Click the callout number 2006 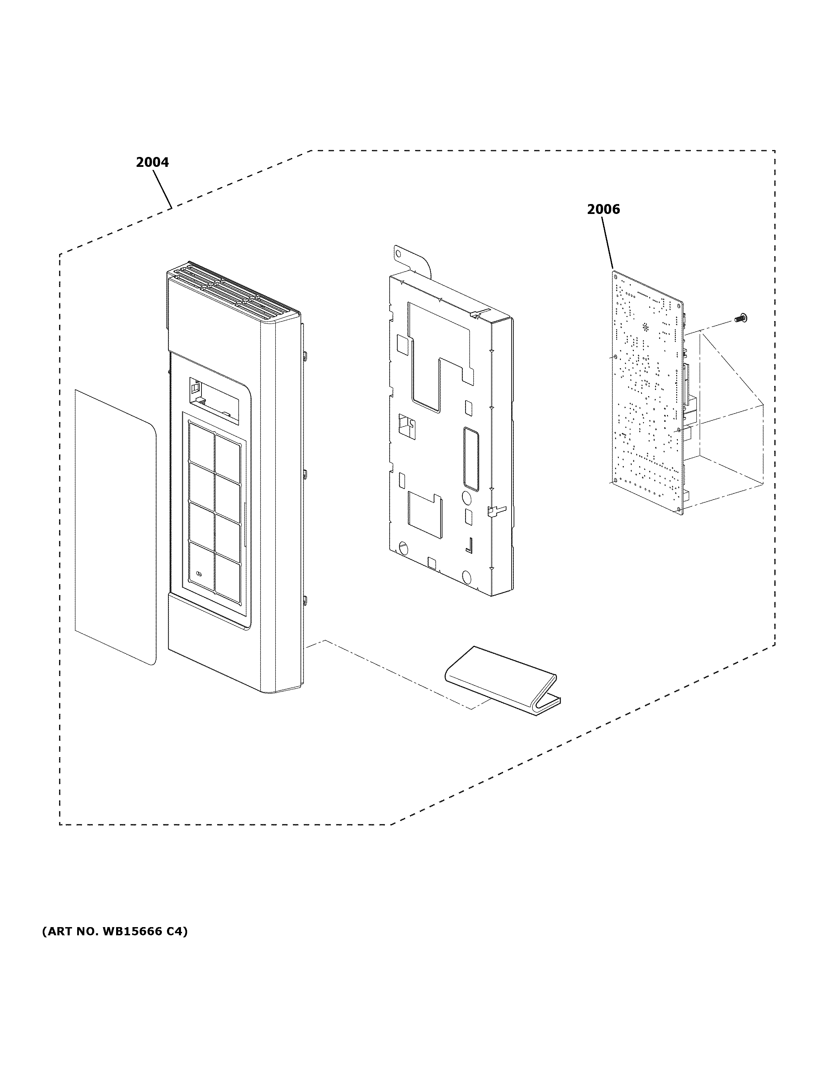(603, 210)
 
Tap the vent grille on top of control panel (233, 292)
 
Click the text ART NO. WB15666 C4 (114, 932)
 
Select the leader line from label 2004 (162, 190)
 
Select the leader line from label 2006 (608, 243)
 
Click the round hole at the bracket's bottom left (403, 548)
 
